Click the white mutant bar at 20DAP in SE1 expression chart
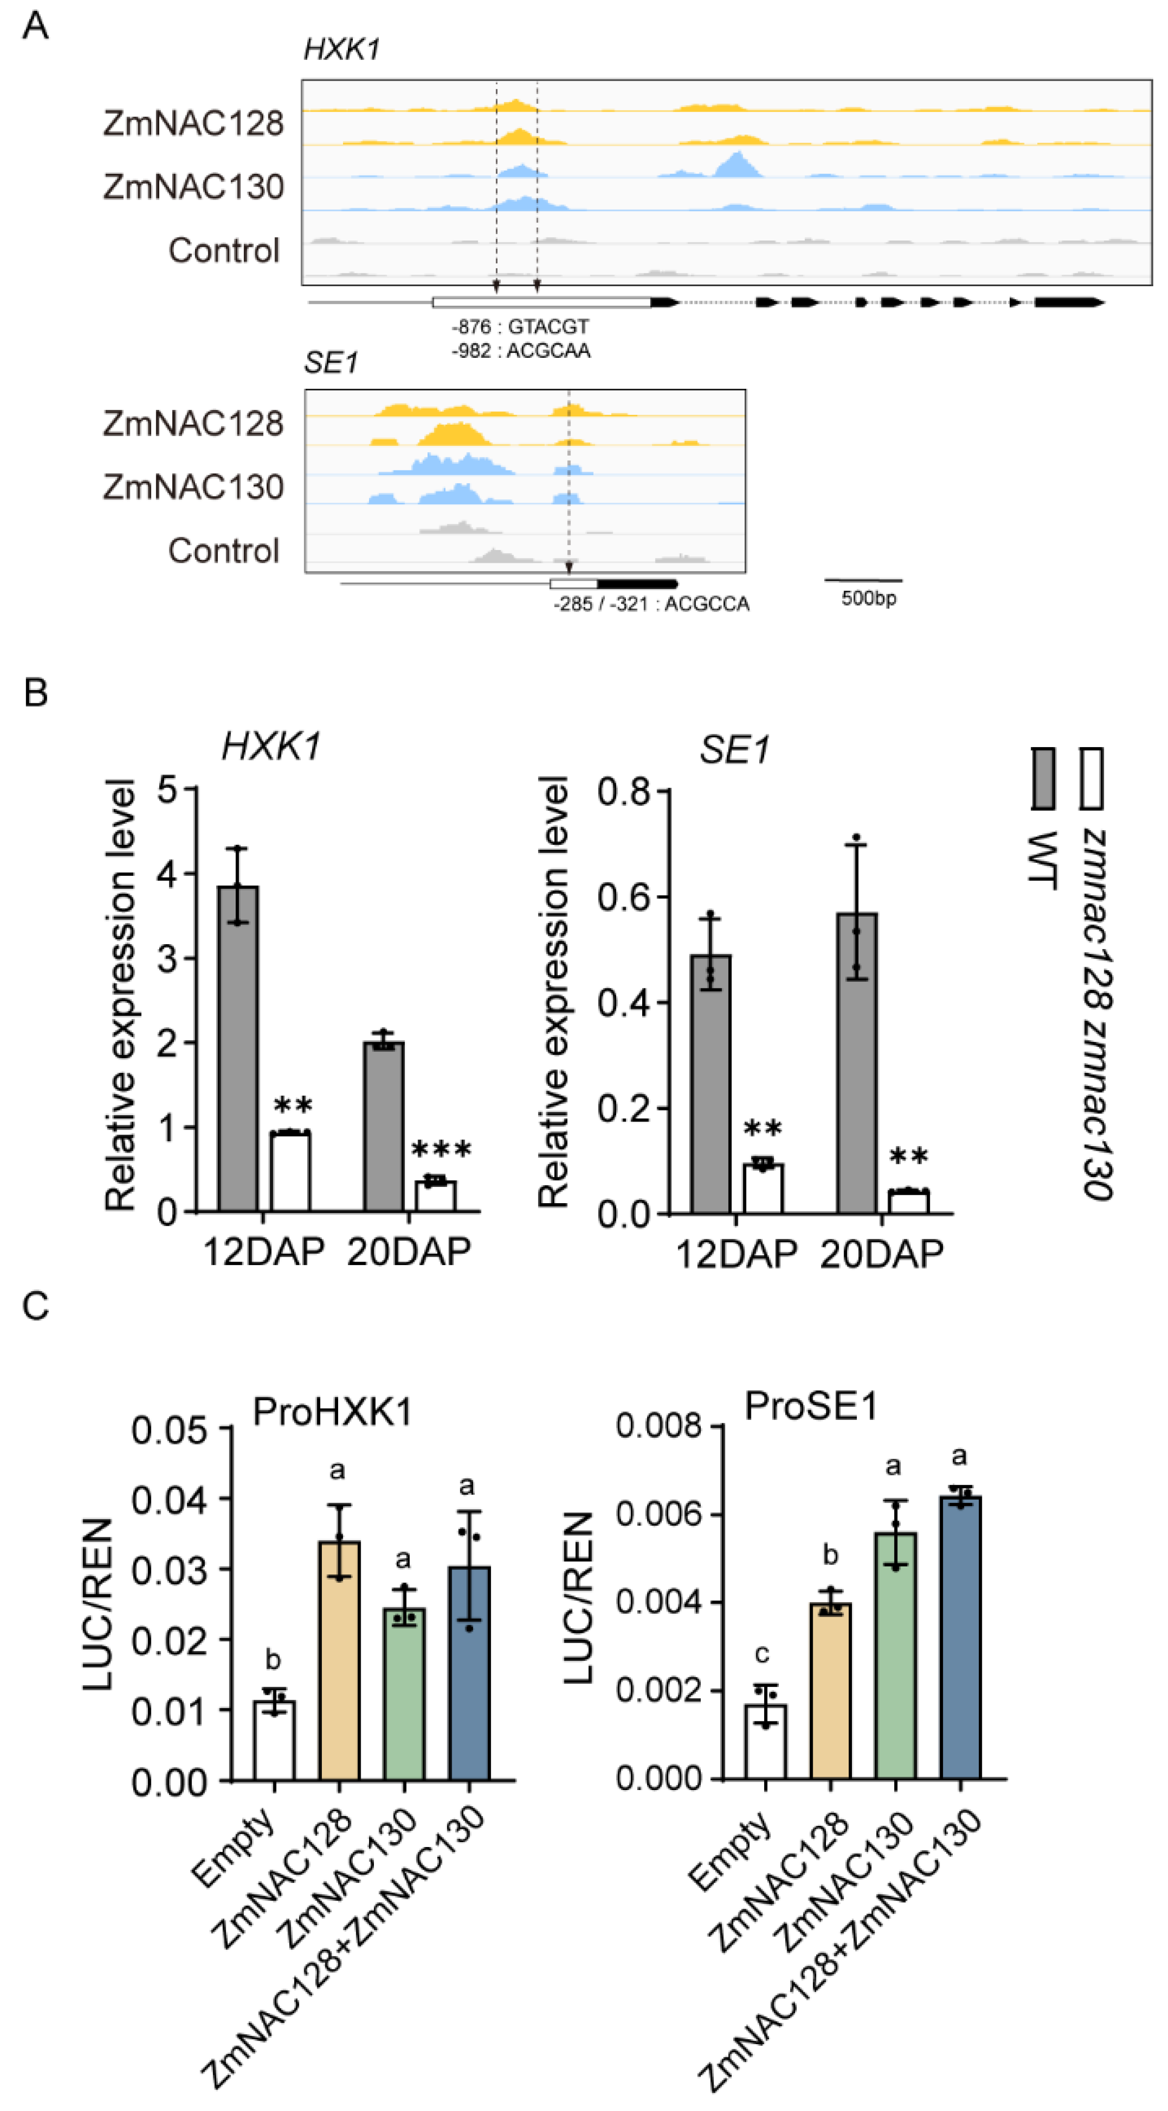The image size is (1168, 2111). [909, 1201]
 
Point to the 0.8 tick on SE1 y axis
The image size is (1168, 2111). [624, 792]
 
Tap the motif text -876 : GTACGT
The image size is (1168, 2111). [520, 327]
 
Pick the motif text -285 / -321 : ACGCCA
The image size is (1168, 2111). [651, 605]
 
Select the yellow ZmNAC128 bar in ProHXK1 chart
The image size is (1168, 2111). [339, 1662]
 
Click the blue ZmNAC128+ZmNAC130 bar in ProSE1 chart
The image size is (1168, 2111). [961, 1639]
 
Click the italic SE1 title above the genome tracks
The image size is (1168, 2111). [331, 362]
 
